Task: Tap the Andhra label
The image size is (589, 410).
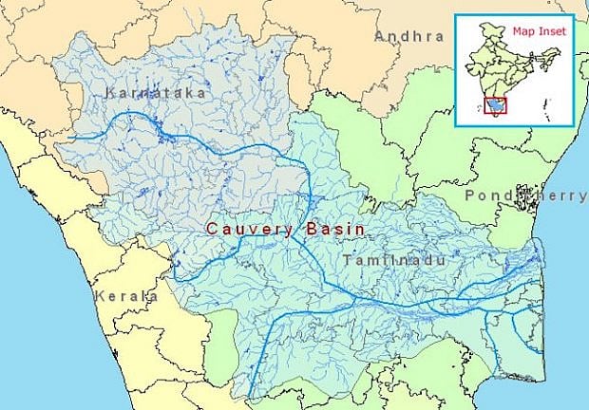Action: [408, 36]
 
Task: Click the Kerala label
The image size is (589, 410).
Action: [125, 296]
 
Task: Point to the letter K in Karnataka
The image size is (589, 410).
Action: [112, 93]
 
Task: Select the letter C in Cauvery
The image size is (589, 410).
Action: [213, 229]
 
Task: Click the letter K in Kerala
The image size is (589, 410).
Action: [99, 296]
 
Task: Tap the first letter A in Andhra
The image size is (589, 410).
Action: [380, 36]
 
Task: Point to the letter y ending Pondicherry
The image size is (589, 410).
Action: [582, 196]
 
